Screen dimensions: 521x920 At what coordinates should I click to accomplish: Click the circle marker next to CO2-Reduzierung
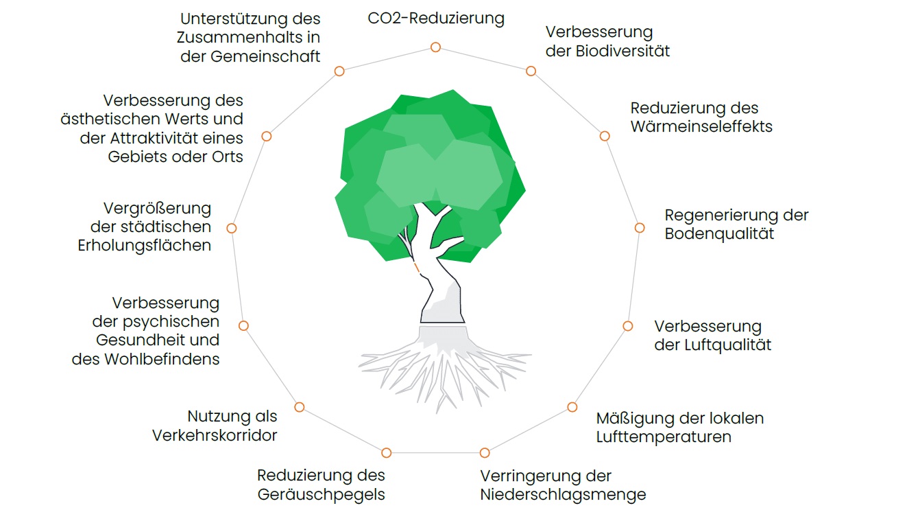[435, 47]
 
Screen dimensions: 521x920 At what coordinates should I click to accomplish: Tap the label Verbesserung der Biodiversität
[607, 41]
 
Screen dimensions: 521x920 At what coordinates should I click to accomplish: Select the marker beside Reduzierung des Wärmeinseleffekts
[605, 137]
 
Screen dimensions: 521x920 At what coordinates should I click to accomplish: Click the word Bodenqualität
[719, 233]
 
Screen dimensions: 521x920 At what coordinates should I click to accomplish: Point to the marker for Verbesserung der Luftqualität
[627, 326]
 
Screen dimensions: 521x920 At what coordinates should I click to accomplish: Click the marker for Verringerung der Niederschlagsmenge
[485, 452]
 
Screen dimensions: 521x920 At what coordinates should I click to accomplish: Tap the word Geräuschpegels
[321, 494]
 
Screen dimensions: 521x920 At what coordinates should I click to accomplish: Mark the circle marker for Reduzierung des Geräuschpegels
[387, 452]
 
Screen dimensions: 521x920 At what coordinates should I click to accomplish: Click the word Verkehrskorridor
[215, 435]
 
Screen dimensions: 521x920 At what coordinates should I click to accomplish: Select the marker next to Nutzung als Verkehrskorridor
[299, 407]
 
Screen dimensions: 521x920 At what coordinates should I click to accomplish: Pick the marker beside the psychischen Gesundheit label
[243, 325]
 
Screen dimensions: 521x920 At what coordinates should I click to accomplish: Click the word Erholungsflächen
[145, 245]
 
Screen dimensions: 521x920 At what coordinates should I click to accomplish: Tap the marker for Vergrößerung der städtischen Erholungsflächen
[232, 228]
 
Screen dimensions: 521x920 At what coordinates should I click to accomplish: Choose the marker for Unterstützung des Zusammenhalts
[339, 71]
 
